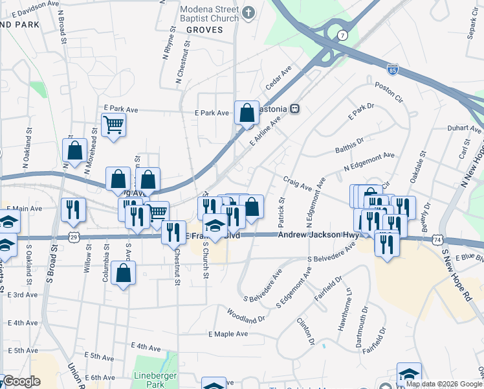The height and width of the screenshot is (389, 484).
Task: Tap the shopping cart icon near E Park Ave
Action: click(114, 124)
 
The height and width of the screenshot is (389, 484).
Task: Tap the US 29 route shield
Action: click(76, 239)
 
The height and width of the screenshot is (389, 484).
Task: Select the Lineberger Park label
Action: click(150, 379)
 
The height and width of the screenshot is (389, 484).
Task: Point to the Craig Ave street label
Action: click(295, 183)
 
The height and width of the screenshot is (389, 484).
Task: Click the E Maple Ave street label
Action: click(228, 334)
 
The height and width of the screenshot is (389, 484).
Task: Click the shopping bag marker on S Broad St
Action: click(75, 150)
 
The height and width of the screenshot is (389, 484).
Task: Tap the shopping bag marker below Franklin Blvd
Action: click(123, 273)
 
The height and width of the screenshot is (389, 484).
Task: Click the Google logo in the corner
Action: click(22, 382)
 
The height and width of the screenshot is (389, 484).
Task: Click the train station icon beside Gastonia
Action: click(294, 109)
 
